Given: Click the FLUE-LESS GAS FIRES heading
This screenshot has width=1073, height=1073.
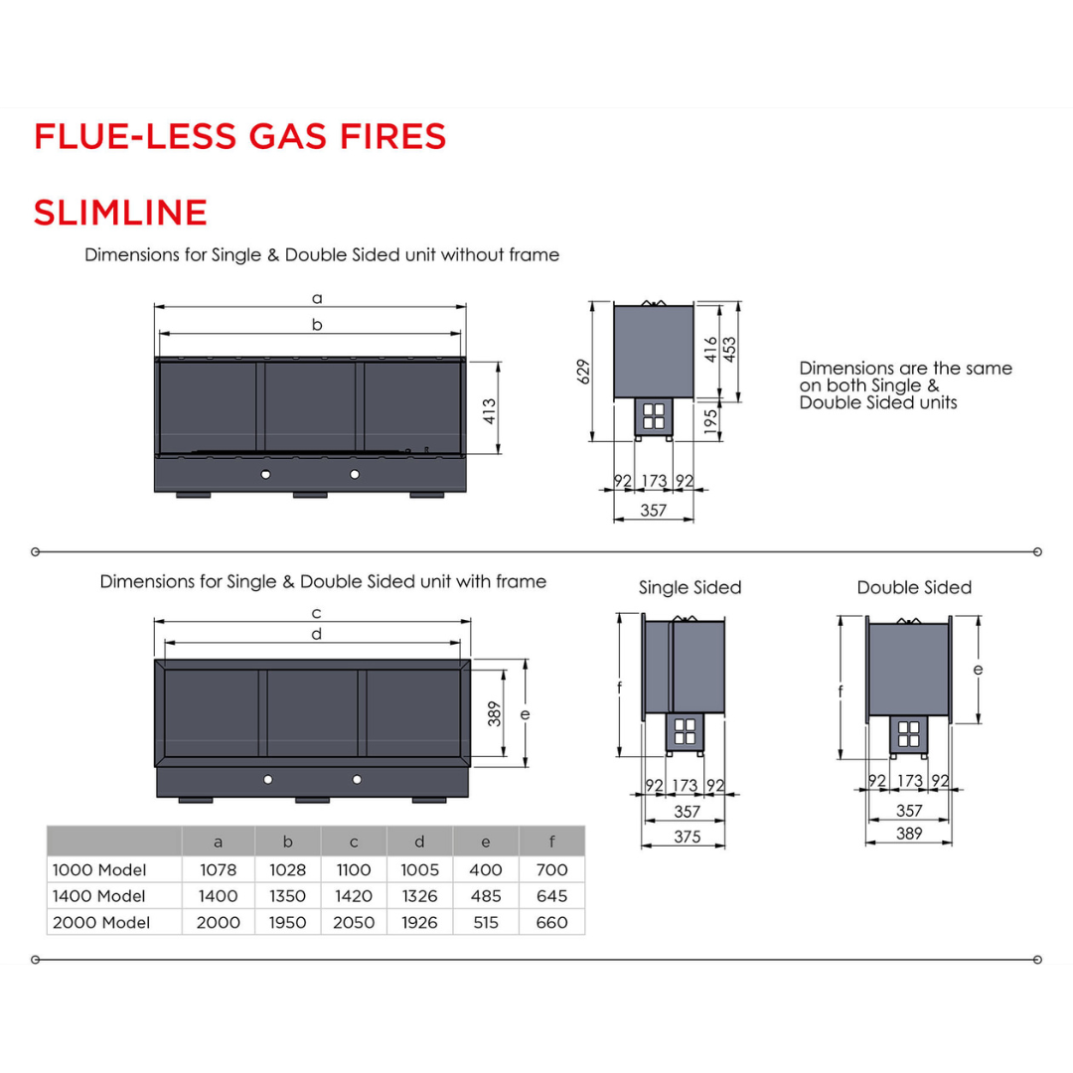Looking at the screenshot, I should pyautogui.click(x=239, y=137).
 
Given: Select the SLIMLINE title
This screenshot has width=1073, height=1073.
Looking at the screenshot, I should pyautogui.click(x=120, y=213).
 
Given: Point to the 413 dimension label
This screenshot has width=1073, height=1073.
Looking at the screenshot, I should pyautogui.click(x=489, y=411).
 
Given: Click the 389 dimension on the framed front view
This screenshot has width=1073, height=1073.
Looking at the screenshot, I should pyautogui.click(x=495, y=713).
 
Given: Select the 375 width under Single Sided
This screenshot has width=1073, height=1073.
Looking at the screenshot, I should pyautogui.click(x=687, y=837).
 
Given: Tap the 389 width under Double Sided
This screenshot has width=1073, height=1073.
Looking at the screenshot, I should pyautogui.click(x=909, y=835).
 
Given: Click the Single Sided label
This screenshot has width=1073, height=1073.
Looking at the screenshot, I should pyautogui.click(x=690, y=588).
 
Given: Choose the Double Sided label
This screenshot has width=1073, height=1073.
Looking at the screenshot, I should pyautogui.click(x=914, y=588).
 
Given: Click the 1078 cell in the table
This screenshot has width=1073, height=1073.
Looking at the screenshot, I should pyautogui.click(x=219, y=870).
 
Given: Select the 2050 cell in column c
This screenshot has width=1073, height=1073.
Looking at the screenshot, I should pyautogui.click(x=354, y=923).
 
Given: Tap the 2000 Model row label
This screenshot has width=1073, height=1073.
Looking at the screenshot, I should pyautogui.click(x=100, y=923).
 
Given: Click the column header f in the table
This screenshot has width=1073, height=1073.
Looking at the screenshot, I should pyautogui.click(x=551, y=843).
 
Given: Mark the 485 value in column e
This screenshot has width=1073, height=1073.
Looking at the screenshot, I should pyautogui.click(x=486, y=896).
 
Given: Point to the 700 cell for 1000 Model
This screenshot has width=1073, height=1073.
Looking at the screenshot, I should pyautogui.click(x=551, y=870).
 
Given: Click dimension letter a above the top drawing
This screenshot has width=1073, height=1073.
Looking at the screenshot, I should pyautogui.click(x=317, y=297).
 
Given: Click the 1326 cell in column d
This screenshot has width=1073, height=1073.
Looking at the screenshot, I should pyautogui.click(x=419, y=896).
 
